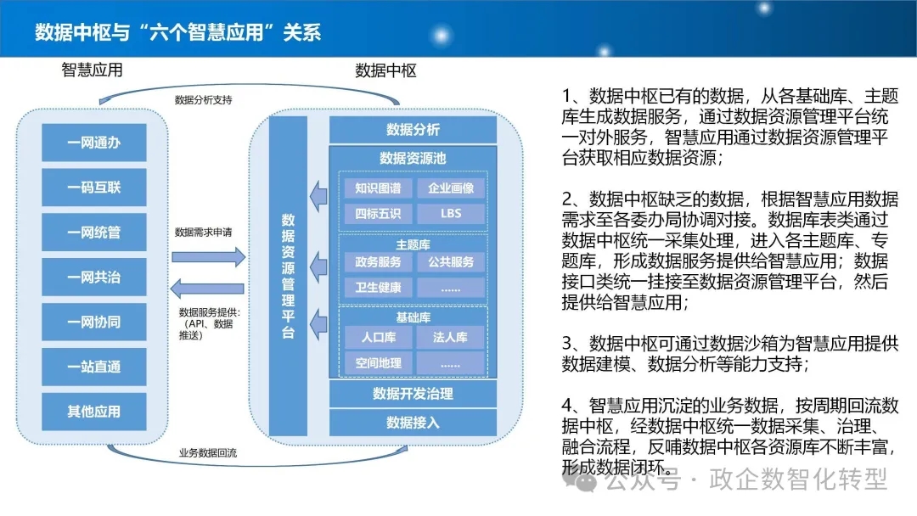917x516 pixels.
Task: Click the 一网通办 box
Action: pyautogui.click(x=93, y=142)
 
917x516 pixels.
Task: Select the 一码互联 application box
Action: pyautogui.click(x=93, y=187)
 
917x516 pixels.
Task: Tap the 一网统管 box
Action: pyautogui.click(x=93, y=232)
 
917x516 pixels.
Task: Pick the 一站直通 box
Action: pyautogui.click(x=93, y=367)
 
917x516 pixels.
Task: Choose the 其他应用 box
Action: pyautogui.click(x=93, y=412)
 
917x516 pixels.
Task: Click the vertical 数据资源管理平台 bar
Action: pyautogui.click(x=288, y=276)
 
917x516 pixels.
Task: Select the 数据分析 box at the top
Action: pyautogui.click(x=413, y=129)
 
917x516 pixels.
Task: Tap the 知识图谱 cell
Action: pyautogui.click(x=378, y=188)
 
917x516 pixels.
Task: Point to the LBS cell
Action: pyautogui.click(x=451, y=213)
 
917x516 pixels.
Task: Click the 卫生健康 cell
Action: pyautogui.click(x=378, y=287)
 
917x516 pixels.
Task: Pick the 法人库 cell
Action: pyautogui.click(x=450, y=337)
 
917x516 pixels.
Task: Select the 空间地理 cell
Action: pyautogui.click(x=378, y=363)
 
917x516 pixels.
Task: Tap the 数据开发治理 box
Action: pyautogui.click(x=413, y=393)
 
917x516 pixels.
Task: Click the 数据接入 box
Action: pyautogui.click(x=413, y=422)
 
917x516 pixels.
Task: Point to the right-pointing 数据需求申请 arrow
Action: pyautogui.click(x=208, y=257)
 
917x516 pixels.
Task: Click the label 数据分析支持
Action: pyautogui.click(x=203, y=100)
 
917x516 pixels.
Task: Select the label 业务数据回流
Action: pyautogui.click(x=208, y=453)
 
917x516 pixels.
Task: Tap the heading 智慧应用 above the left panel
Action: pyautogui.click(x=92, y=70)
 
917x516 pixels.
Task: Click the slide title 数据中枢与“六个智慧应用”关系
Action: pyautogui.click(x=177, y=32)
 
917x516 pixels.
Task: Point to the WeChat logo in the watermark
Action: pyautogui.click(x=581, y=480)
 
